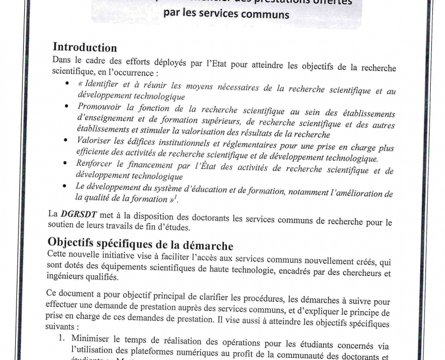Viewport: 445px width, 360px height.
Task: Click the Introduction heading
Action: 85,48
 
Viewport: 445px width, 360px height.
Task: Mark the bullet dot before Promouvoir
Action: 67,106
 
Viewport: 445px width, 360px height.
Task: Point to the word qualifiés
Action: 101,277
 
